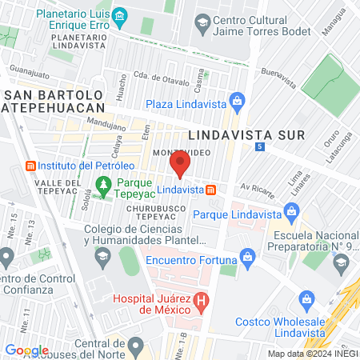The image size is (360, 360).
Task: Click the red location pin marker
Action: pos(180,166)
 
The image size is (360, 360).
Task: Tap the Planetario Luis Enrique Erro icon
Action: pos(120,15)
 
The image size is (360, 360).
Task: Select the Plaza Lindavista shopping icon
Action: pos(236,101)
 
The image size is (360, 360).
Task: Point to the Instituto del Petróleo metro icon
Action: pos(30,166)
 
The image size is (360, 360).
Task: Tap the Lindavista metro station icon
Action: pos(210,190)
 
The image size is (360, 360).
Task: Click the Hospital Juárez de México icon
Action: pos(202,302)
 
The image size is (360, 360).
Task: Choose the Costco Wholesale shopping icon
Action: pos(306,302)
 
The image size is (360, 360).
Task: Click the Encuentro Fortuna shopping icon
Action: pos(246,258)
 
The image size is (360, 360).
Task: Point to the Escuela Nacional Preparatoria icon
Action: pos(342,262)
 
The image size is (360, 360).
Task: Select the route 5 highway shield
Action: pos(259,148)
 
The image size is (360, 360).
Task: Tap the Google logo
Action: pos(26,350)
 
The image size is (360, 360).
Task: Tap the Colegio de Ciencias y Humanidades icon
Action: pos(102,257)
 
